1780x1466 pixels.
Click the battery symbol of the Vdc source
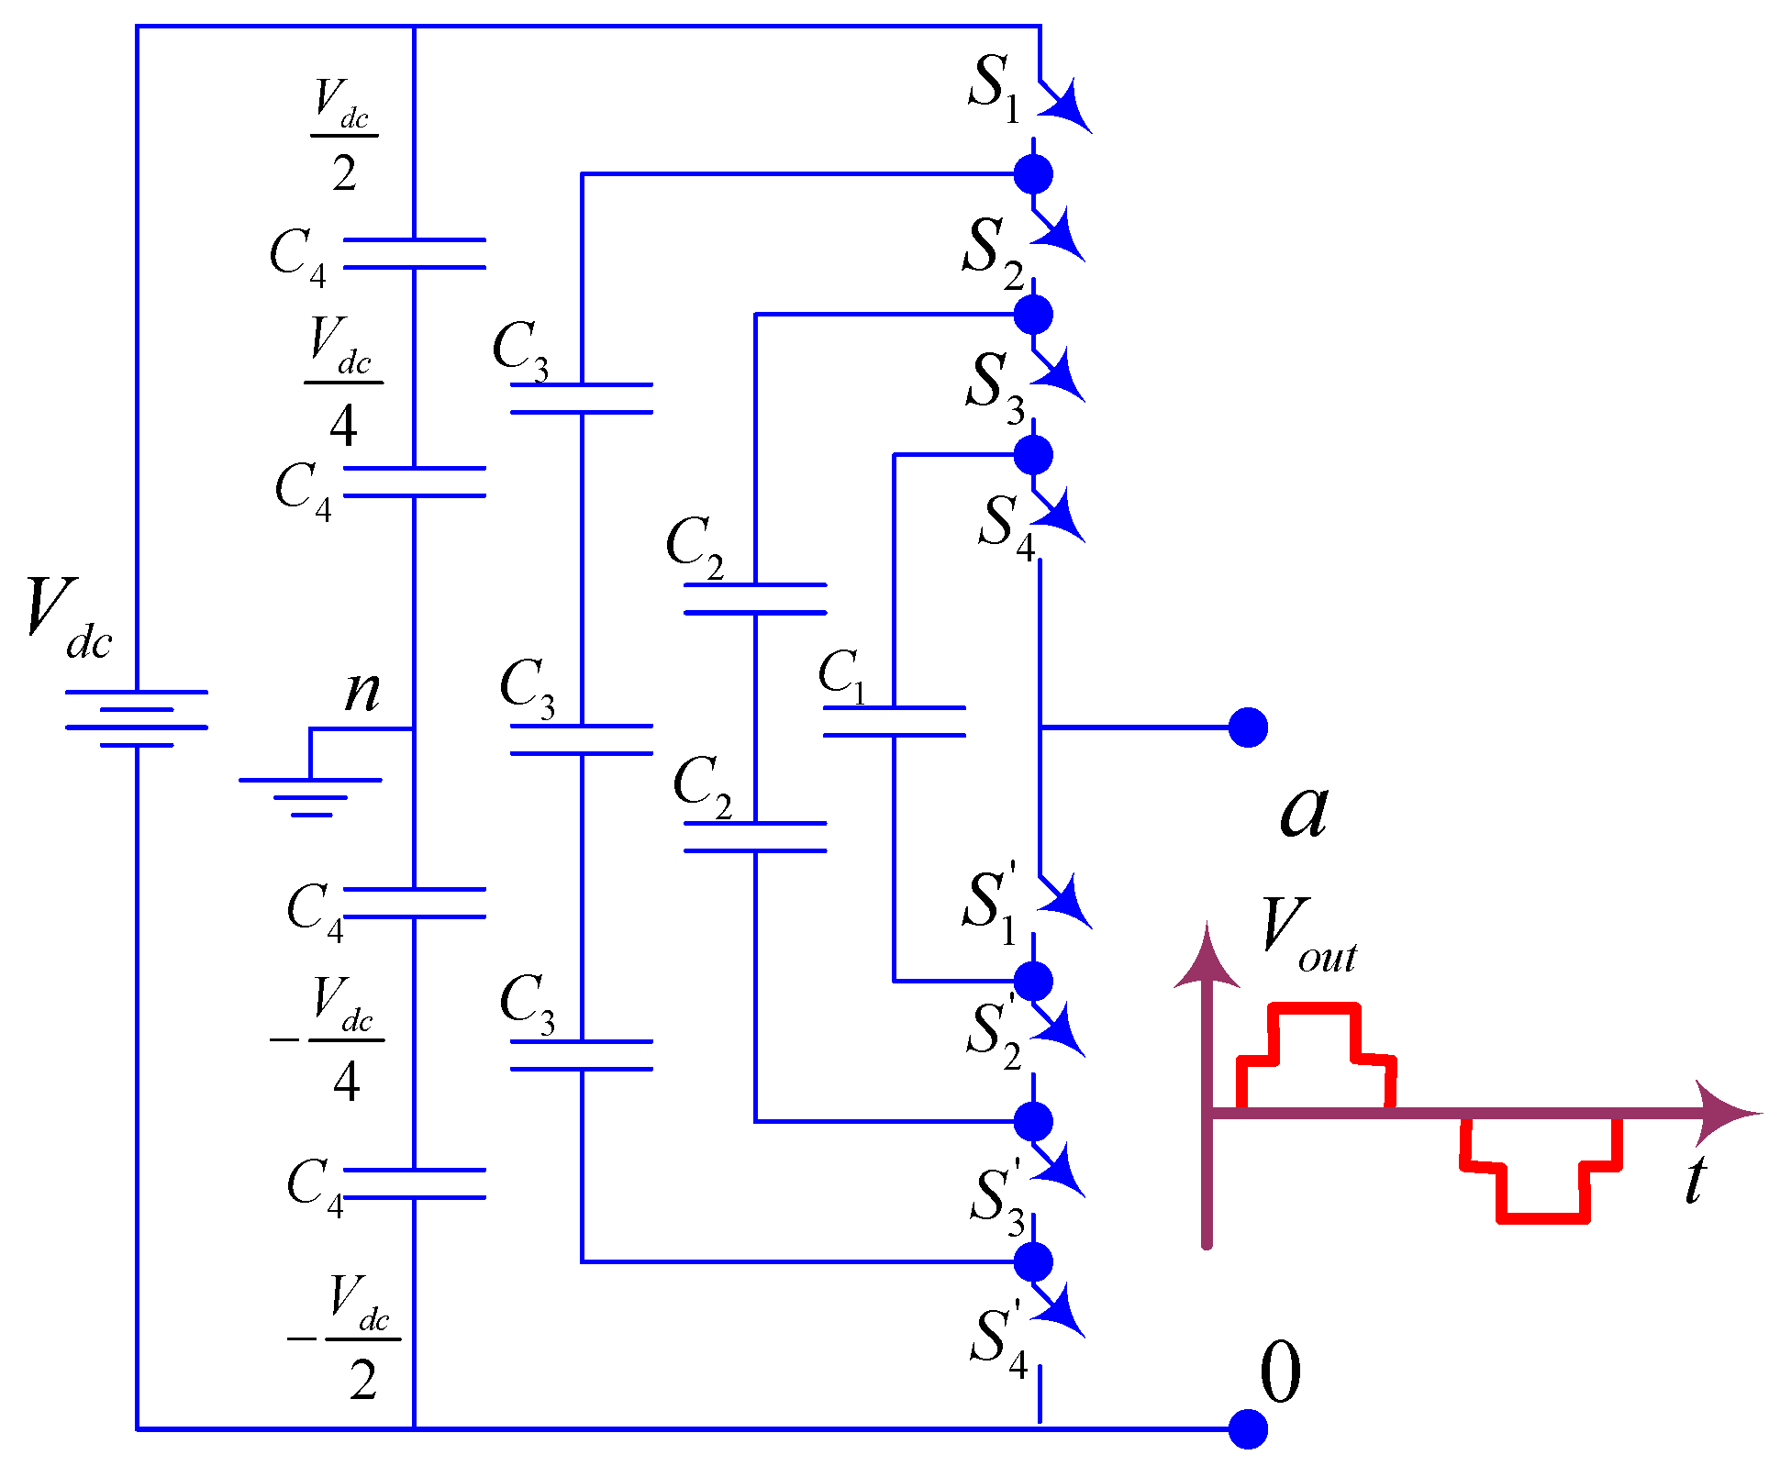coord(137,718)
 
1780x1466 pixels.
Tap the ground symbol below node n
coord(310,794)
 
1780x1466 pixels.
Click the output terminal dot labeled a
coord(1248,727)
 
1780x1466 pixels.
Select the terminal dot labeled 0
coord(1248,1428)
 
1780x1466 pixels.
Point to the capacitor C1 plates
coord(894,721)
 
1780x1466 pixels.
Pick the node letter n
coord(362,692)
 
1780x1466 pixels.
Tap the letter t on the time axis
coord(1696,1180)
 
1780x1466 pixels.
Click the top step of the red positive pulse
coord(1313,1007)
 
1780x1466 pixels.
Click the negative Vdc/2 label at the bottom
coord(349,1338)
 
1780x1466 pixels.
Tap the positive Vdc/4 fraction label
coord(342,380)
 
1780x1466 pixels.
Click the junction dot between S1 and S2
coord(1033,173)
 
